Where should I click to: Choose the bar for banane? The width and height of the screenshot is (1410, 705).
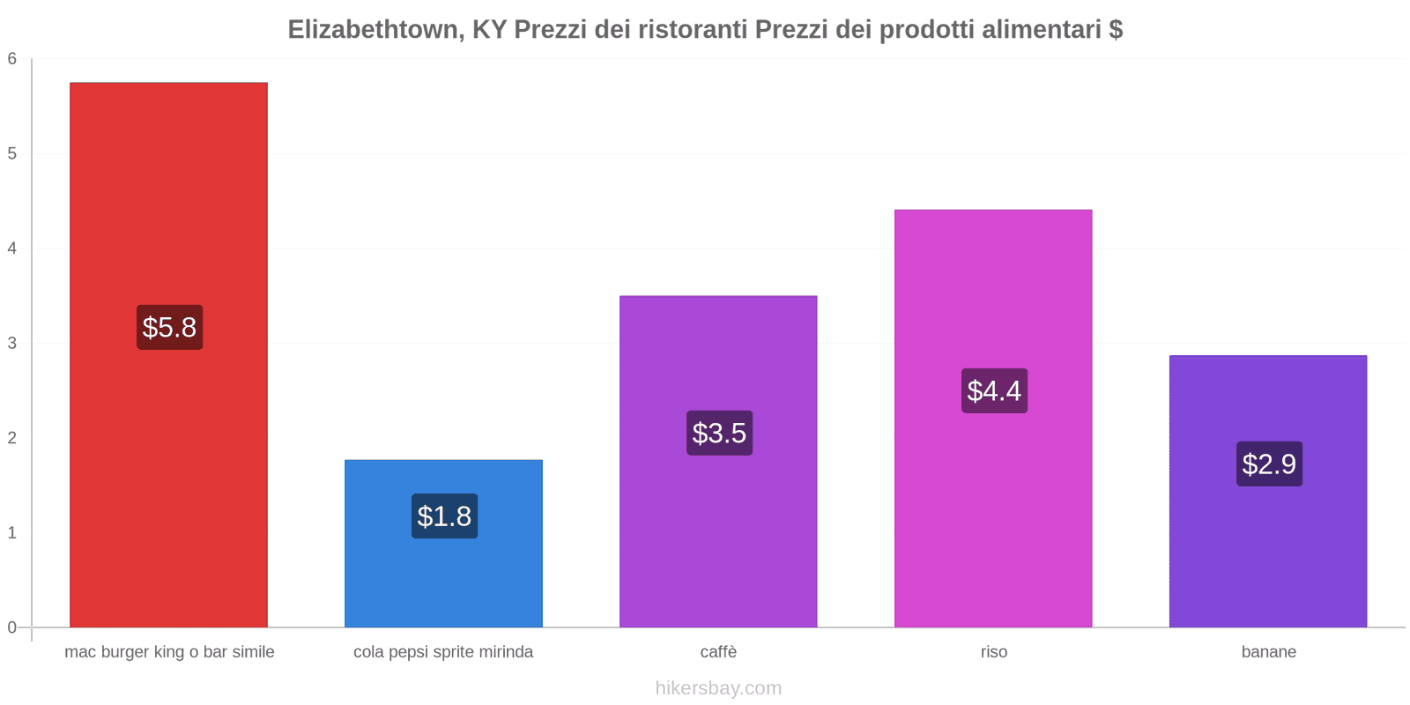click(x=1268, y=546)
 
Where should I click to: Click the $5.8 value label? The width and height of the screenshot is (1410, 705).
click(x=169, y=328)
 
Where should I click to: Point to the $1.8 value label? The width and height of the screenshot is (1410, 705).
click(x=444, y=516)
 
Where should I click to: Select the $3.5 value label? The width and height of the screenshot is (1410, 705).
click(x=719, y=434)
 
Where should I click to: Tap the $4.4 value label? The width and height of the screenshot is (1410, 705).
click(x=994, y=391)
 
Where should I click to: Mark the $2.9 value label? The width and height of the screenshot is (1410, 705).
click(x=1269, y=464)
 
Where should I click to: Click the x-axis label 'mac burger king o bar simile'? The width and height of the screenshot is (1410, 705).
click(x=169, y=652)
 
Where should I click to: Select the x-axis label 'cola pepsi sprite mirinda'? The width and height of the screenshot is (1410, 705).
click(x=443, y=652)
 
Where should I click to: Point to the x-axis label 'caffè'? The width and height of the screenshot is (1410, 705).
click(x=718, y=652)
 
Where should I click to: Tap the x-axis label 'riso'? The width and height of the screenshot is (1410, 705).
click(x=993, y=652)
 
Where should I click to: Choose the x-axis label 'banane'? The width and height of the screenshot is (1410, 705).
click(x=1268, y=652)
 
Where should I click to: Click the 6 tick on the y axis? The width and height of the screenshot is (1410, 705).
click(x=12, y=59)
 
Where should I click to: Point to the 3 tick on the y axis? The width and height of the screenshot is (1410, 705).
click(x=12, y=343)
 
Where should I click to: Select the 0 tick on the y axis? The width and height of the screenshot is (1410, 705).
click(x=12, y=627)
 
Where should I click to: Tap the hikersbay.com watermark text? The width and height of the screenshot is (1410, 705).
click(x=718, y=688)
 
